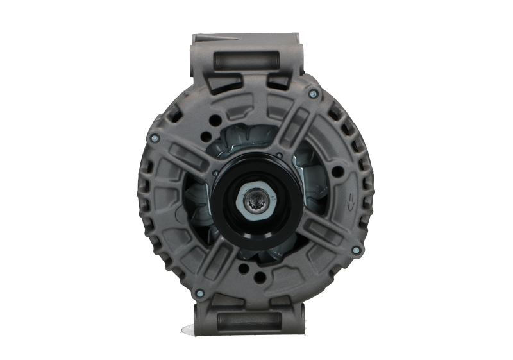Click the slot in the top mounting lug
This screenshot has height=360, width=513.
[246, 61]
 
